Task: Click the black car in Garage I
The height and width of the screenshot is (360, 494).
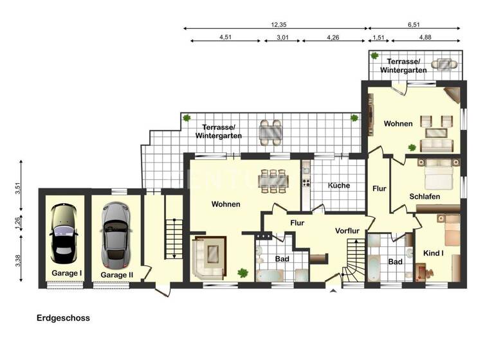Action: [64, 234]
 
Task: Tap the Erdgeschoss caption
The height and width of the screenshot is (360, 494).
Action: [63, 318]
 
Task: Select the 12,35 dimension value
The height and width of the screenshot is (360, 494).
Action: [279, 24]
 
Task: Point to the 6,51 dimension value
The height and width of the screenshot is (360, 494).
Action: [414, 24]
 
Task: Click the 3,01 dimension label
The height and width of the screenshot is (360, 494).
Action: [282, 37]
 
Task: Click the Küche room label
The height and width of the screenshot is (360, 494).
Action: [338, 185]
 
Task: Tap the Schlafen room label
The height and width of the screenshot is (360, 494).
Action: [425, 197]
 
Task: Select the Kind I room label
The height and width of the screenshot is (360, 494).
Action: [434, 253]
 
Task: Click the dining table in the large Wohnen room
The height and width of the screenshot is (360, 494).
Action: [273, 180]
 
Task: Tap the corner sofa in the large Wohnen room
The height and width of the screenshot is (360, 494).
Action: [209, 257]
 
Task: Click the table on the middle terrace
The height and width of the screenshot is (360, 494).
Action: [270, 132]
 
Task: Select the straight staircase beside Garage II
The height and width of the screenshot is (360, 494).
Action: [170, 238]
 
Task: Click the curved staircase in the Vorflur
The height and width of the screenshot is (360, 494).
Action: [354, 260]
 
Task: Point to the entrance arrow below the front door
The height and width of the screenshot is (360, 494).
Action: [333, 291]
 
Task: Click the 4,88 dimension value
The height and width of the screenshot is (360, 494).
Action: [425, 37]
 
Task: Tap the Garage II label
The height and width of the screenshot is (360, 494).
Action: [116, 274]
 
